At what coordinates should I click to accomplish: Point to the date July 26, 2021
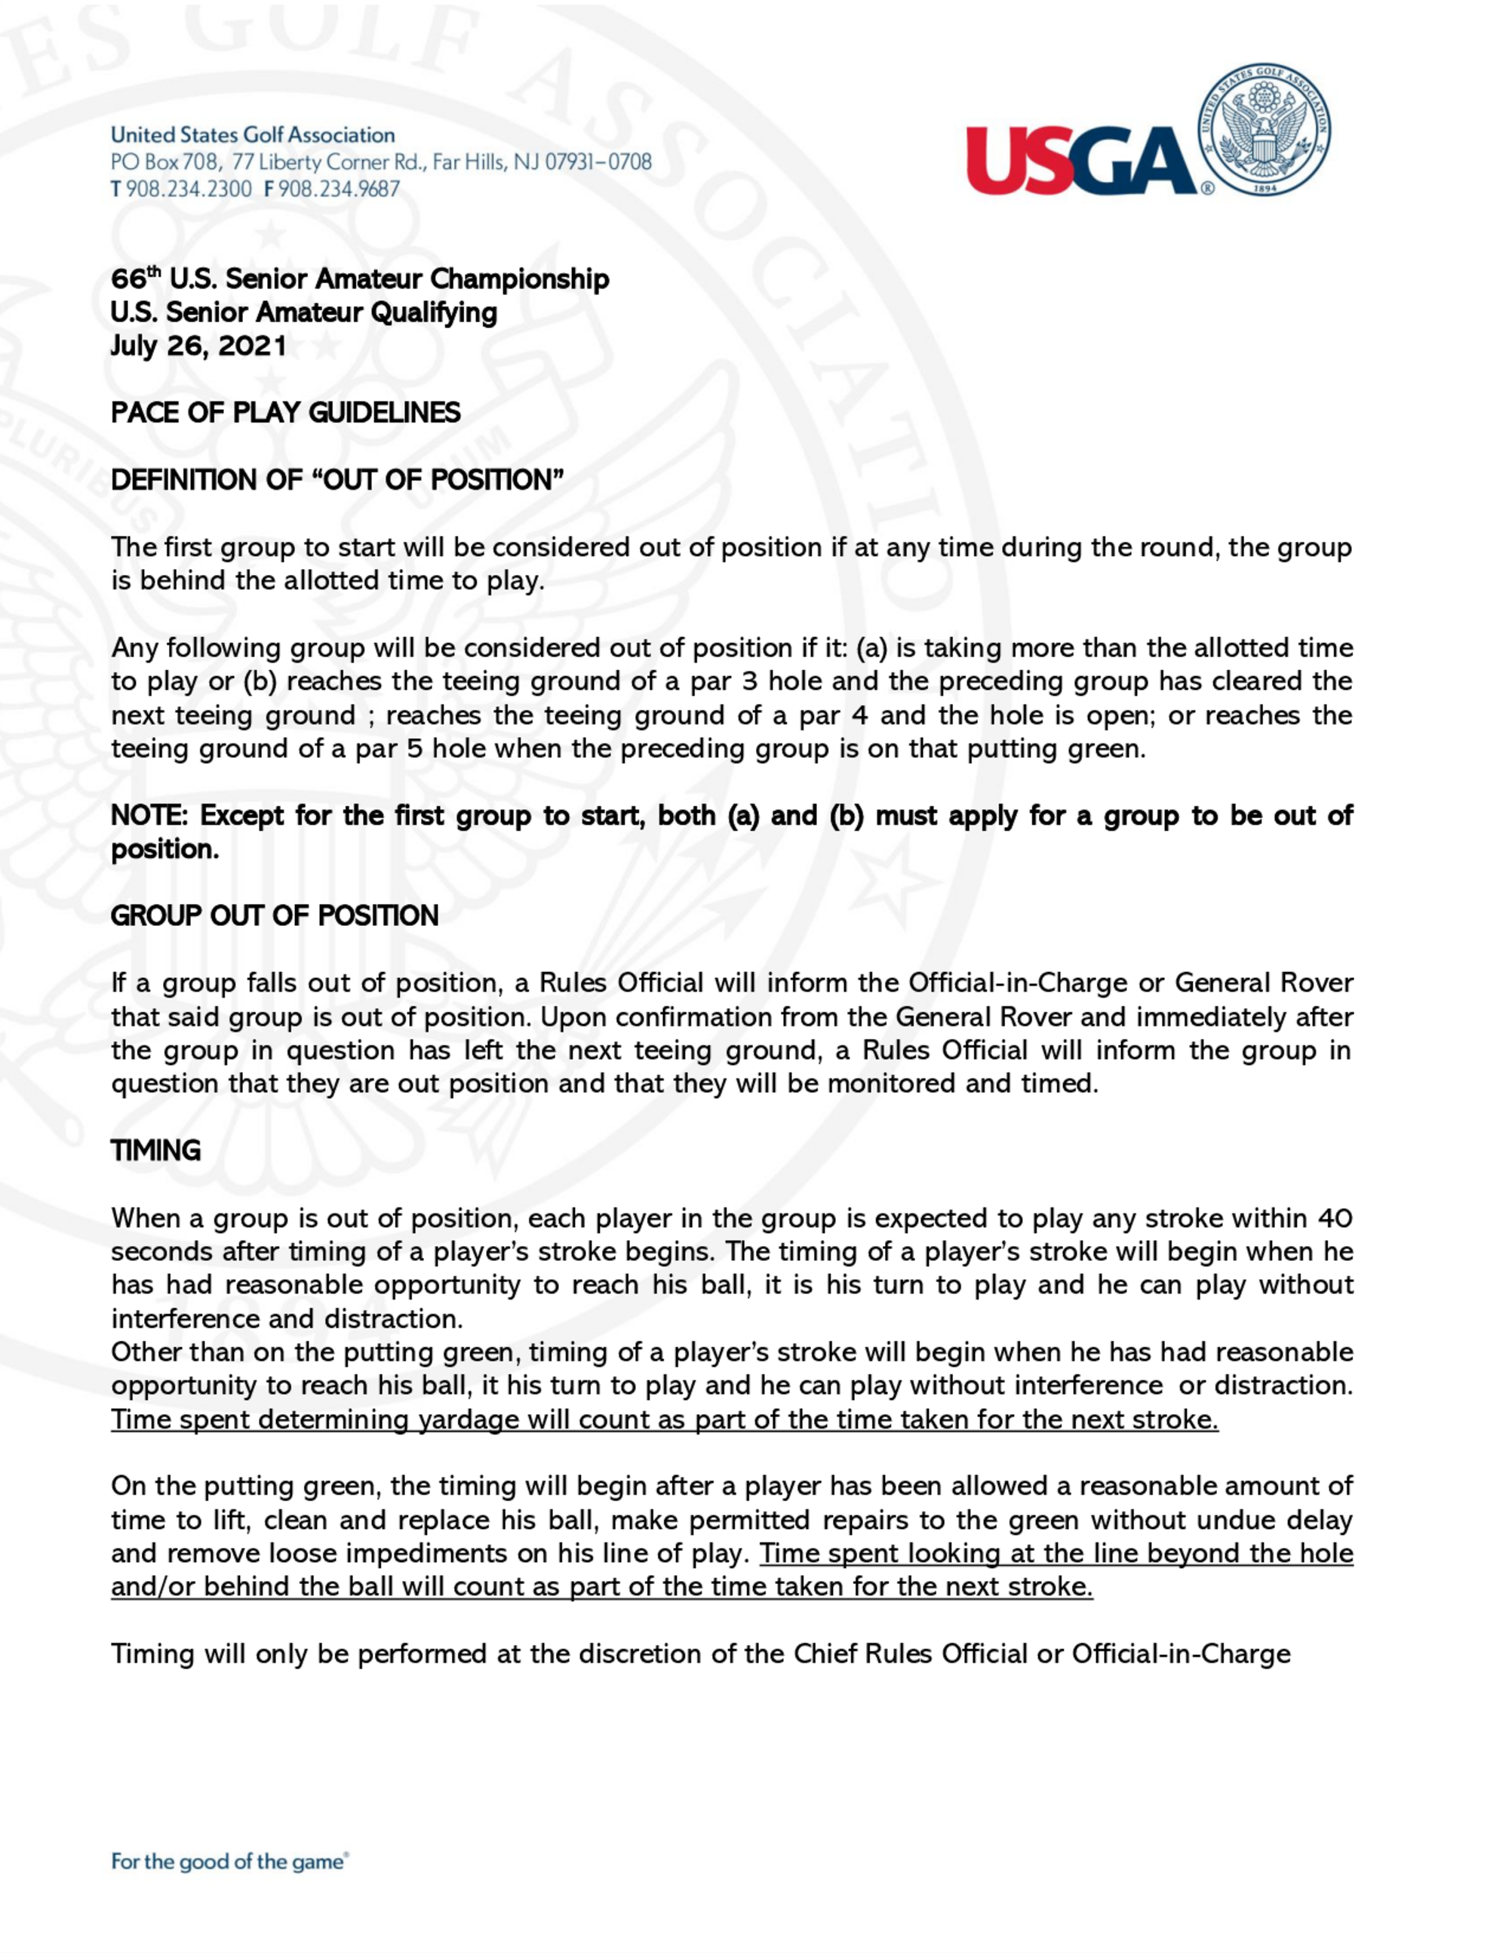198,346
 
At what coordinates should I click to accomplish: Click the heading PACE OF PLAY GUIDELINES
285,413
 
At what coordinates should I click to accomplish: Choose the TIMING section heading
155,1151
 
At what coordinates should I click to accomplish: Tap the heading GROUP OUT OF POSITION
275,915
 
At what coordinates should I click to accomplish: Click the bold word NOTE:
150,816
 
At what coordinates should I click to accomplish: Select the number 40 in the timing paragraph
1335,1218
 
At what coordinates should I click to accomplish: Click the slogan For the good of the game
228,1862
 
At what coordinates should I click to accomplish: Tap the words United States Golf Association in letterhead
253,135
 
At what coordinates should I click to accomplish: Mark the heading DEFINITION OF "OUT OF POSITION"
337,480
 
